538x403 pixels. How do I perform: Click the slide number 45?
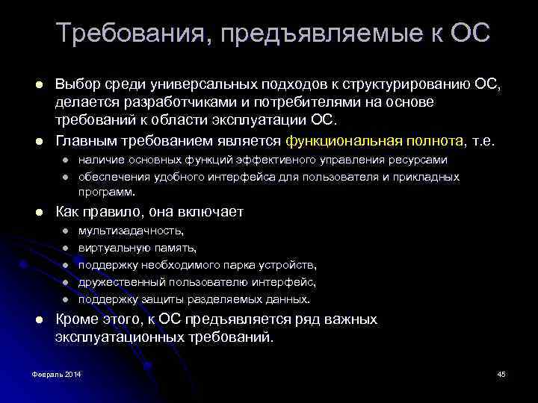click(501, 373)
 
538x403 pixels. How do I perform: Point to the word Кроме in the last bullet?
click(74, 319)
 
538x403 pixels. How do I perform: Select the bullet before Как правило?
click(39, 213)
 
